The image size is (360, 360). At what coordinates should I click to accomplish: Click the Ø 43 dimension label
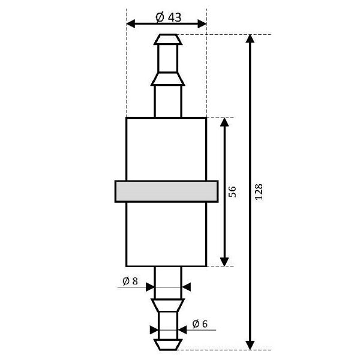(x=168, y=17)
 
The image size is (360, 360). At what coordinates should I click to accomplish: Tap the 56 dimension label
(x=232, y=191)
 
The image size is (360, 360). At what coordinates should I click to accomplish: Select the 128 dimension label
(x=259, y=191)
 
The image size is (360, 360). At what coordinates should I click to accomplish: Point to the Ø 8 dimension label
(x=130, y=280)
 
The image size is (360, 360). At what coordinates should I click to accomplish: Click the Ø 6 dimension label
(x=200, y=324)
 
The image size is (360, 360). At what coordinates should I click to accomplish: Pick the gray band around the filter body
(x=166, y=191)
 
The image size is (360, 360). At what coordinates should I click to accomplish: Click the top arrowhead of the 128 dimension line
(x=250, y=40)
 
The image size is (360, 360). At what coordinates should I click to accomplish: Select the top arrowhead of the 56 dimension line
(x=224, y=123)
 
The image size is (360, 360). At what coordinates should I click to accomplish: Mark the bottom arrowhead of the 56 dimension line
(x=224, y=260)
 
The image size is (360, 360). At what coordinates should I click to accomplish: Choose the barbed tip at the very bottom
(x=167, y=344)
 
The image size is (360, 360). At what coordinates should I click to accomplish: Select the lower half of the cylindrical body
(x=166, y=234)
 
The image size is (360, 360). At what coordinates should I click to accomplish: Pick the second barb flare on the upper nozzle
(x=167, y=79)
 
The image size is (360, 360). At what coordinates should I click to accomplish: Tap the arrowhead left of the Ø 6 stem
(x=154, y=331)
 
